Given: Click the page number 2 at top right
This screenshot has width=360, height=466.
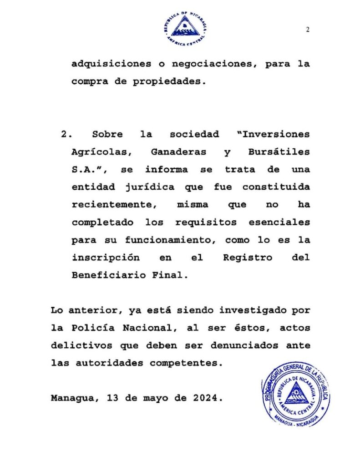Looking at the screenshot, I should [308, 30].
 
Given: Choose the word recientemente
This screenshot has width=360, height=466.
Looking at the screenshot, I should [113, 205].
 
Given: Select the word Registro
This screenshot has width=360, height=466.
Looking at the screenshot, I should [248, 258].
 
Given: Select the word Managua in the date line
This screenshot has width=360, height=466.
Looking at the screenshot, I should [74, 398].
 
